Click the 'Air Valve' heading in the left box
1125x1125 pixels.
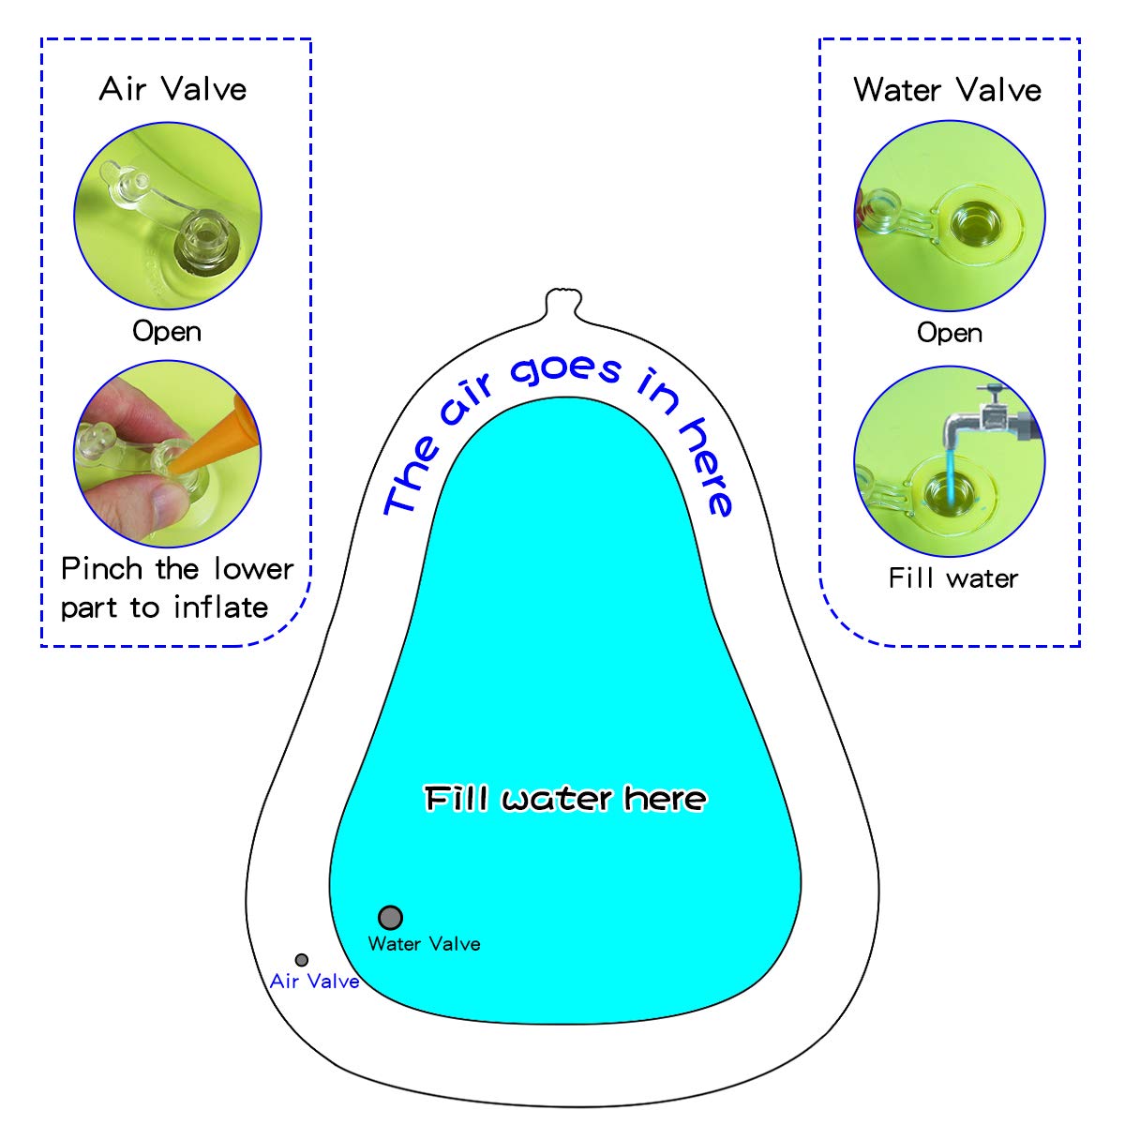(173, 89)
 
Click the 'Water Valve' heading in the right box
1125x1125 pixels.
(948, 90)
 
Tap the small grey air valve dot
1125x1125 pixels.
(302, 960)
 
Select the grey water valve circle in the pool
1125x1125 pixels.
(390, 917)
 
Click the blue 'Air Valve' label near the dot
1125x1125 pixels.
(314, 982)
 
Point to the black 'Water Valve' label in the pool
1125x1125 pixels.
(424, 944)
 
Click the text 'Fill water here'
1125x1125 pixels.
(565, 799)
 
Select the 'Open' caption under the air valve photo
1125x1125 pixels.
(167, 331)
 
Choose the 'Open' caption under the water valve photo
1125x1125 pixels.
(950, 333)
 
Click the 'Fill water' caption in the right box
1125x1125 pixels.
(952, 578)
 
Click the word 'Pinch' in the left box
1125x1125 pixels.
(101, 569)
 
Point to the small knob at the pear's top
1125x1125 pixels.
(563, 303)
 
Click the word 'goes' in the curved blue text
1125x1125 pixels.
(565, 370)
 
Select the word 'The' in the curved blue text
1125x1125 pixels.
(412, 478)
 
